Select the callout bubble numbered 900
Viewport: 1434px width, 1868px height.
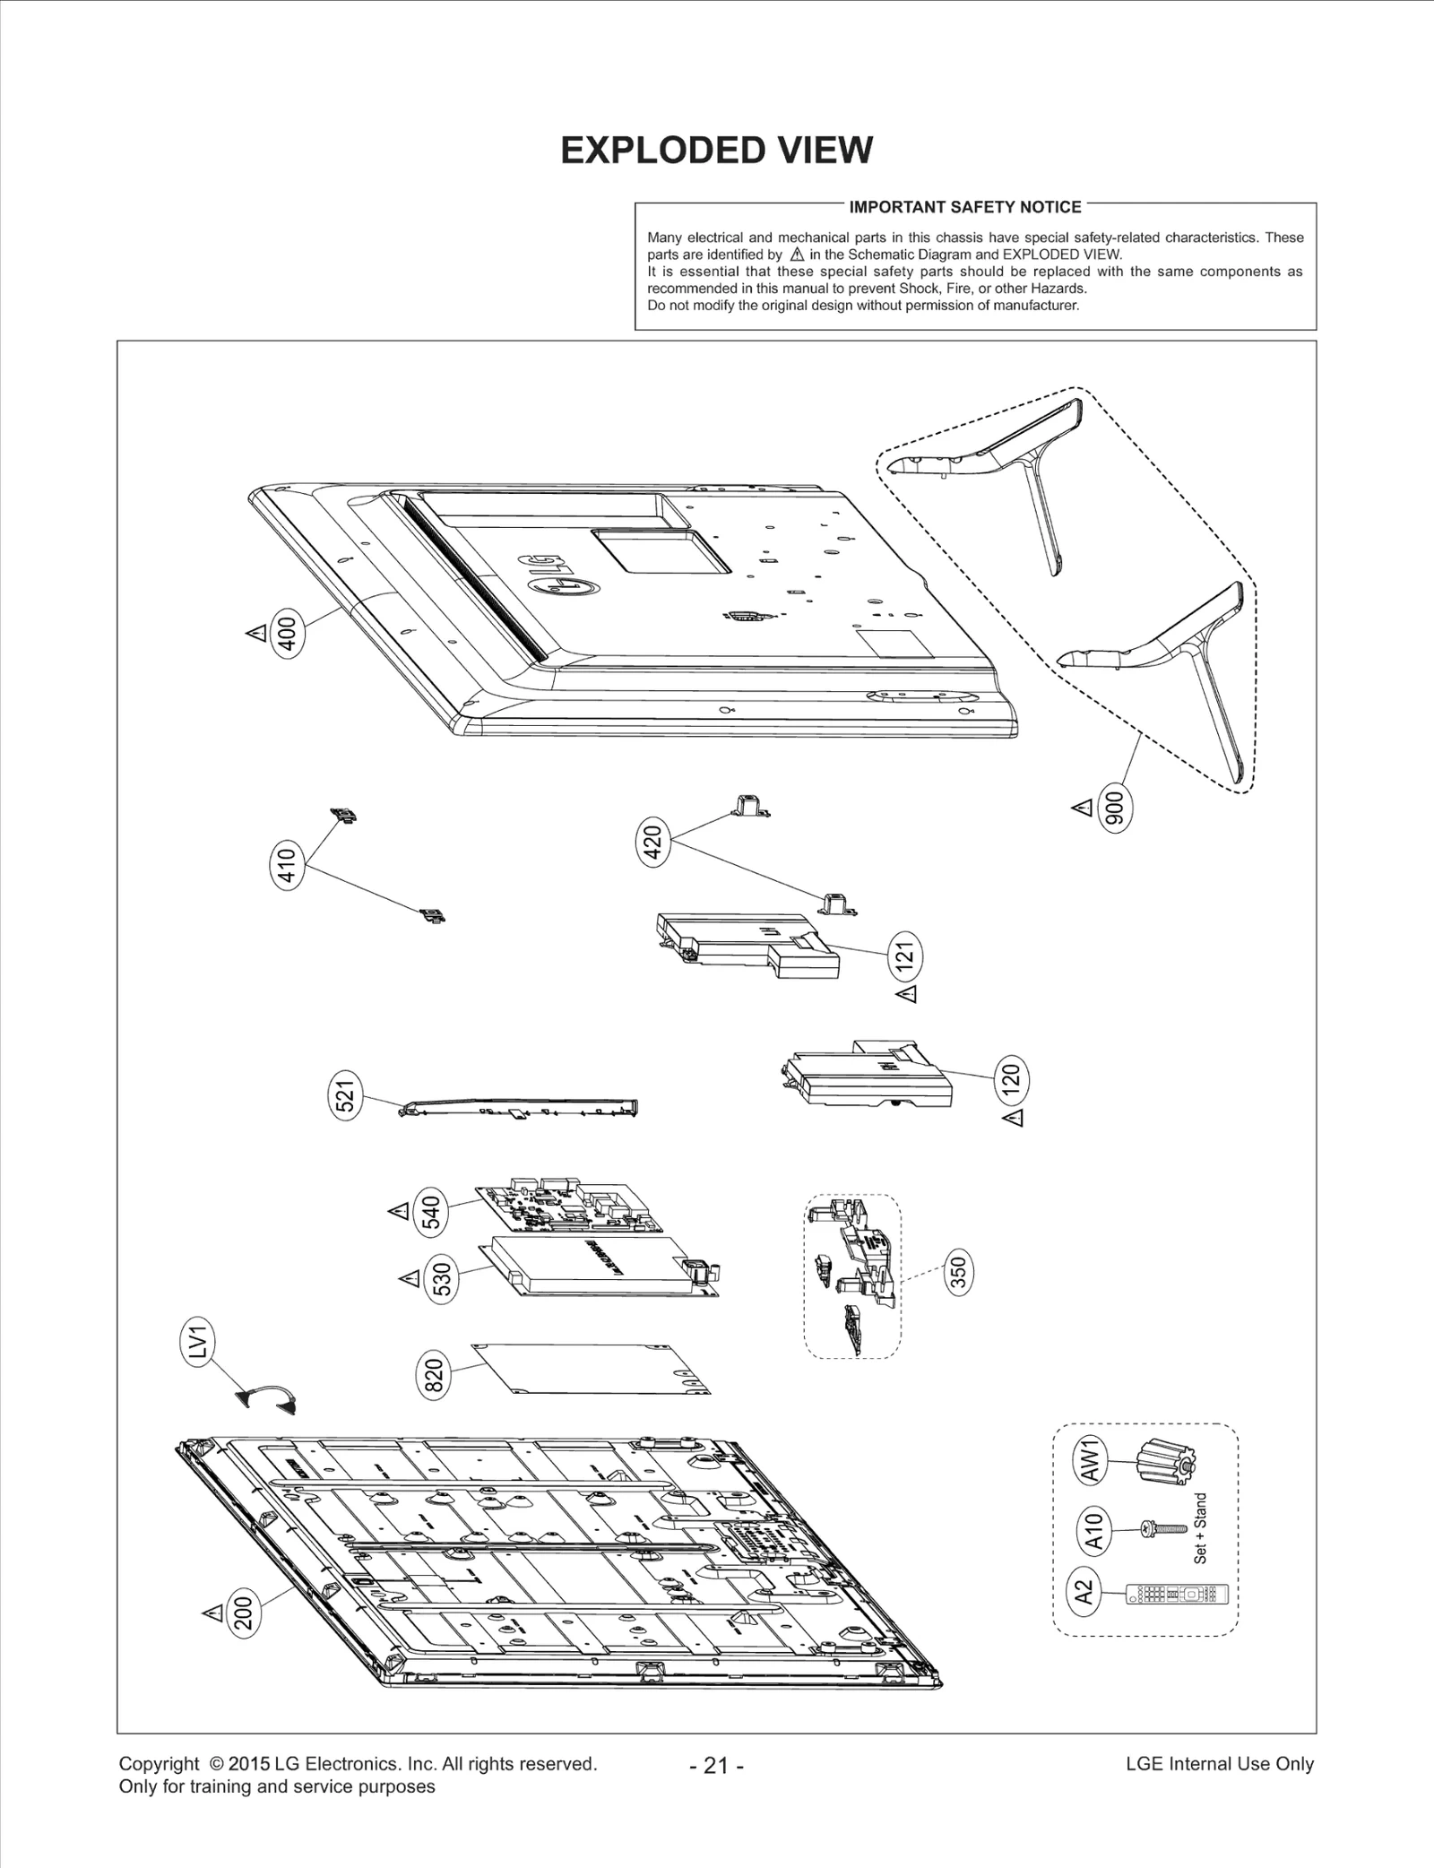pos(1116,809)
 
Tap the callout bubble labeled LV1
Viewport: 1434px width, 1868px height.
pos(199,1342)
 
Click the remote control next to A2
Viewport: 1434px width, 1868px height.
pos(1176,1594)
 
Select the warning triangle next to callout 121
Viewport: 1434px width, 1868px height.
pos(907,994)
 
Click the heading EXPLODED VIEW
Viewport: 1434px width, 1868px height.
pos(716,151)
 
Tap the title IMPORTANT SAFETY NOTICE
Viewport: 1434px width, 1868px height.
pos(964,207)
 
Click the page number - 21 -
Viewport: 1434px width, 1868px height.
pos(716,1765)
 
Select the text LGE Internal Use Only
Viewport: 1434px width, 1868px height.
pos(1219,1763)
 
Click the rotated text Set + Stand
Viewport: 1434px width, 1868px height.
pos(1200,1528)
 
